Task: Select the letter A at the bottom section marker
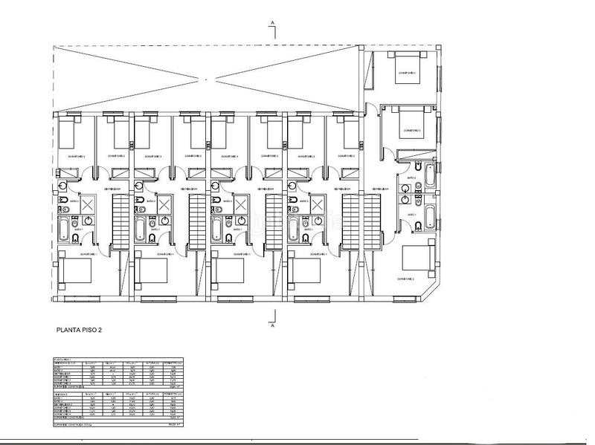point(273,325)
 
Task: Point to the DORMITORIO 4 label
point(407,73)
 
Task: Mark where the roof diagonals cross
point(208,78)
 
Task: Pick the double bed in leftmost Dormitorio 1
point(74,269)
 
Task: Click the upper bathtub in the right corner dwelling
point(429,176)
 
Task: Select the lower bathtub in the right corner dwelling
point(430,217)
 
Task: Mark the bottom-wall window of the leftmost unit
point(74,299)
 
